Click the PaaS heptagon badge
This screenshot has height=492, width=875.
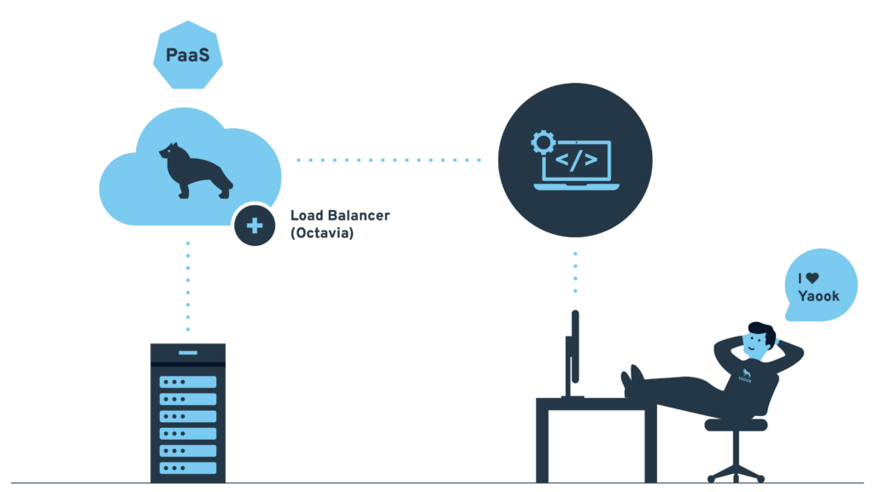(x=188, y=55)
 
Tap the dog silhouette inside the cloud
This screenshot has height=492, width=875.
(x=196, y=170)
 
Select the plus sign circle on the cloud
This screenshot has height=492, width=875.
(x=255, y=225)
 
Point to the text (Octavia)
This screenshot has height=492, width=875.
(x=322, y=232)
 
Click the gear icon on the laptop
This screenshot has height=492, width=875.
(x=543, y=143)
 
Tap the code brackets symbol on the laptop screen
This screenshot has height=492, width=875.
(x=577, y=160)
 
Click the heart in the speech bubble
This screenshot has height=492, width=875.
(x=813, y=278)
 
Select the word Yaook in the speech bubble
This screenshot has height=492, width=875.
(x=819, y=296)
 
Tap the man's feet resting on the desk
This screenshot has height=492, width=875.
(x=632, y=380)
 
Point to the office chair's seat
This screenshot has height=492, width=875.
(x=736, y=425)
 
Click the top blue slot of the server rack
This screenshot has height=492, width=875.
(x=188, y=382)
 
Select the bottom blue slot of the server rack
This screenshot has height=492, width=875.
(x=188, y=468)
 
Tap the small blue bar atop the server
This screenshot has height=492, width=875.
(x=188, y=353)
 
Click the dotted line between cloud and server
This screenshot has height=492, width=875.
(x=188, y=286)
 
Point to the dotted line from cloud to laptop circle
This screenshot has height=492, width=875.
(x=389, y=160)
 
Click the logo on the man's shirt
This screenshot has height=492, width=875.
(x=745, y=376)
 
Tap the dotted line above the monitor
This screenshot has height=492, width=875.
(x=575, y=272)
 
